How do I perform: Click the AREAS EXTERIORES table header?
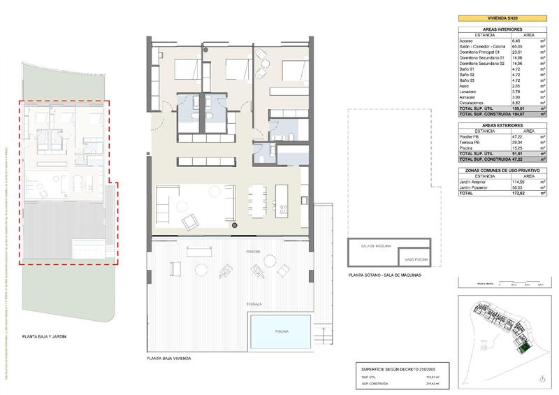pos(502,124)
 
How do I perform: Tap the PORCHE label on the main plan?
pos(253,250)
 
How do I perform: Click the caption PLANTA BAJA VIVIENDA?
pos(169,358)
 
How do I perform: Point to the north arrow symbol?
pos(544,378)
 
